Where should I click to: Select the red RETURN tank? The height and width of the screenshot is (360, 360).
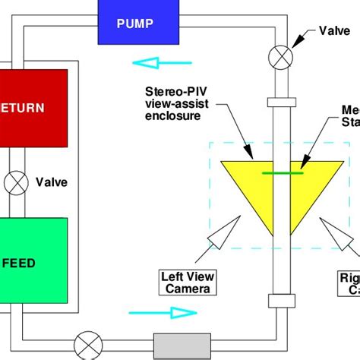(33, 107)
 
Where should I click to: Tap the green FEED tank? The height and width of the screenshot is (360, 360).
(33, 262)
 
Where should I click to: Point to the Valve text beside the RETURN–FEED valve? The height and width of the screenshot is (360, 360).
(52, 182)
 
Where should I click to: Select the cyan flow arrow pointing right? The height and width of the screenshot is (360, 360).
(162, 312)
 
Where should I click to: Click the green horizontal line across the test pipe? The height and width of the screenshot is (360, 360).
(283, 173)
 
